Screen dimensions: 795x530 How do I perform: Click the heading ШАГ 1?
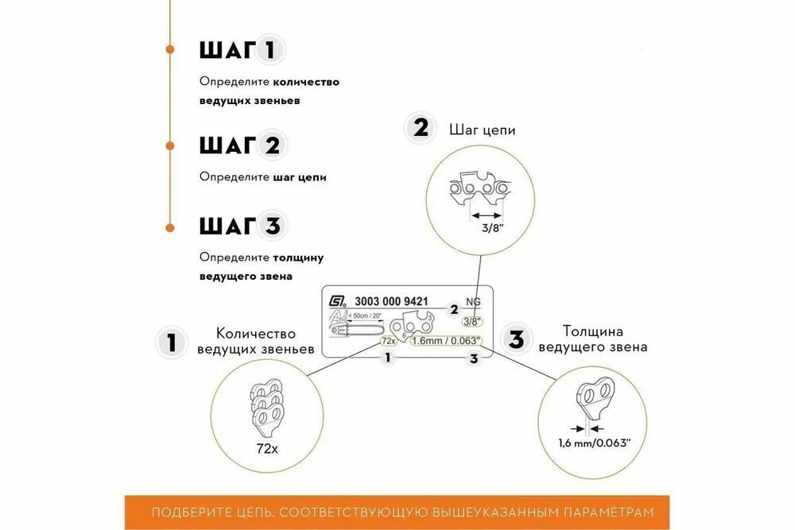[239, 51]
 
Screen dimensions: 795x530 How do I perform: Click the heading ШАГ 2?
[239, 146]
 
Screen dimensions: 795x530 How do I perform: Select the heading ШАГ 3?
[239, 226]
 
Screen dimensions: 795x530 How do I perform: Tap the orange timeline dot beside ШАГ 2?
[169, 145]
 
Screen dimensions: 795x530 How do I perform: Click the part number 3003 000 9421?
[393, 301]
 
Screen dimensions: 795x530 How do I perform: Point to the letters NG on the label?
[474, 301]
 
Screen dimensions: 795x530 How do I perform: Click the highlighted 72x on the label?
[388, 340]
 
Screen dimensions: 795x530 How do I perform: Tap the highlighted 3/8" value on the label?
[471, 322]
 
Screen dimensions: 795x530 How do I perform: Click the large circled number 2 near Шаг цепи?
[419, 128]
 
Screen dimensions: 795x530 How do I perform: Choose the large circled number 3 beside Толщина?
[517, 340]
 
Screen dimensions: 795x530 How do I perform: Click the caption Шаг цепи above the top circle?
[483, 129]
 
